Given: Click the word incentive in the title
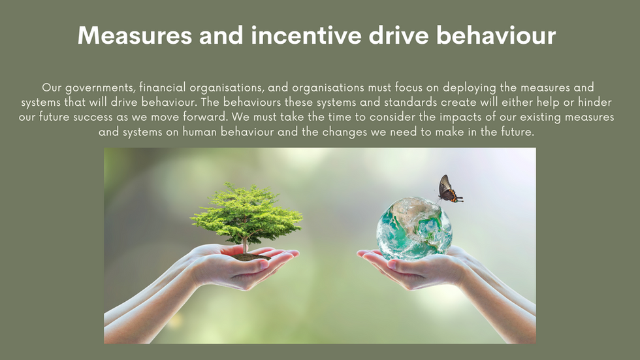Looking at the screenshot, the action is tap(306, 35).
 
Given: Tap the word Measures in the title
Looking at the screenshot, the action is tap(135, 35).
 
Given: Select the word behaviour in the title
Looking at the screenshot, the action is tap(496, 35).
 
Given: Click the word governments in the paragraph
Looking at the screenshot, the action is tap(100, 88).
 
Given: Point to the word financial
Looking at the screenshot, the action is tap(163, 87).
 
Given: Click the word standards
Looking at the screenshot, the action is tap(411, 102).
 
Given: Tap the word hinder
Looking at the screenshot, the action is tap(595, 102).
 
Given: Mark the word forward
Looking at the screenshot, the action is tap(205, 117).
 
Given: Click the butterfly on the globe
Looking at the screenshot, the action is tap(450, 189).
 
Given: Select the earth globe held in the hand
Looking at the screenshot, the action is tap(414, 228).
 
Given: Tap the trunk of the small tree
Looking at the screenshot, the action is tap(245, 244).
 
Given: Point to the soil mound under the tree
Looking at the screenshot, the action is tap(249, 257).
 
